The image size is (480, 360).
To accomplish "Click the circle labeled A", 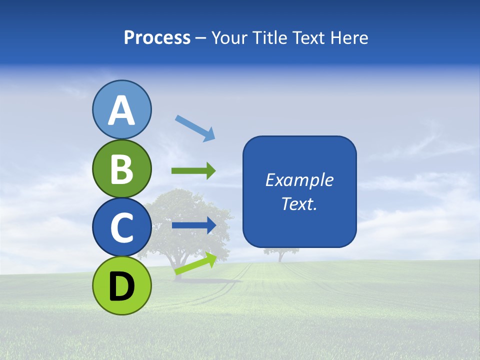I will click(121, 109).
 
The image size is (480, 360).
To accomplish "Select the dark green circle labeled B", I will click(121, 168).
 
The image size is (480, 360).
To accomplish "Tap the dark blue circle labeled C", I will click(121, 227).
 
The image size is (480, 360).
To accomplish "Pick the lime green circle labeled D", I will click(121, 285).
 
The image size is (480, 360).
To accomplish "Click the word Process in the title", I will click(157, 38).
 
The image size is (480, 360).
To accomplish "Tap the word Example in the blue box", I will click(299, 180).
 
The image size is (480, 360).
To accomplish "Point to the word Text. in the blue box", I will click(299, 203).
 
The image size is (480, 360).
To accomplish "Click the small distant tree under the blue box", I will click(280, 254).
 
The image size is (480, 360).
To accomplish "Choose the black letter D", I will click(121, 286).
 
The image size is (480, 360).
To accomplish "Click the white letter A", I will click(121, 110).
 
